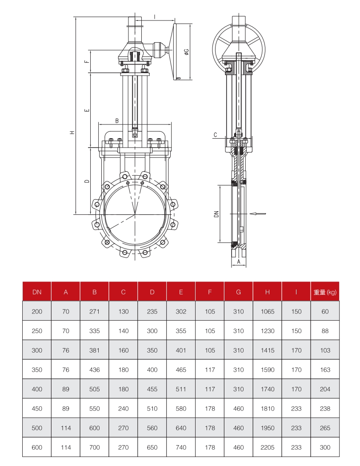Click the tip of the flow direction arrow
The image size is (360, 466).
click(249, 213)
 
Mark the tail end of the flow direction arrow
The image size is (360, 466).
click(266, 213)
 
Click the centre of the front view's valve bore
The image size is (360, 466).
click(135, 214)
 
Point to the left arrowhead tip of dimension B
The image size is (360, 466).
click(98, 124)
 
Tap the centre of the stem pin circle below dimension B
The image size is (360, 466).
click(135, 135)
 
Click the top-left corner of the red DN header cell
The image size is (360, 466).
click(23, 282)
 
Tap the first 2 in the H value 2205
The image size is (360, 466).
click(263, 447)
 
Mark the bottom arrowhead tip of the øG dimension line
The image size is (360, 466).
click(190, 79)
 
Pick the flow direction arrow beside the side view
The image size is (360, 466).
click(258, 213)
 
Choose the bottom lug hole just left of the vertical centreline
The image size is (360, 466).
click(125, 253)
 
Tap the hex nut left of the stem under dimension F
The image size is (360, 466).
click(125, 71)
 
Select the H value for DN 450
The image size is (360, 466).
click(267, 408)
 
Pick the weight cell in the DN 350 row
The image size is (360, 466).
click(325, 370)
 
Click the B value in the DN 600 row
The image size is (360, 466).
click(95, 447)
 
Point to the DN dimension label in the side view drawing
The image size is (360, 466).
click(216, 214)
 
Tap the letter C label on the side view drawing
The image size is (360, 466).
click(216, 135)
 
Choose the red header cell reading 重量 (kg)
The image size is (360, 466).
click(325, 292)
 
